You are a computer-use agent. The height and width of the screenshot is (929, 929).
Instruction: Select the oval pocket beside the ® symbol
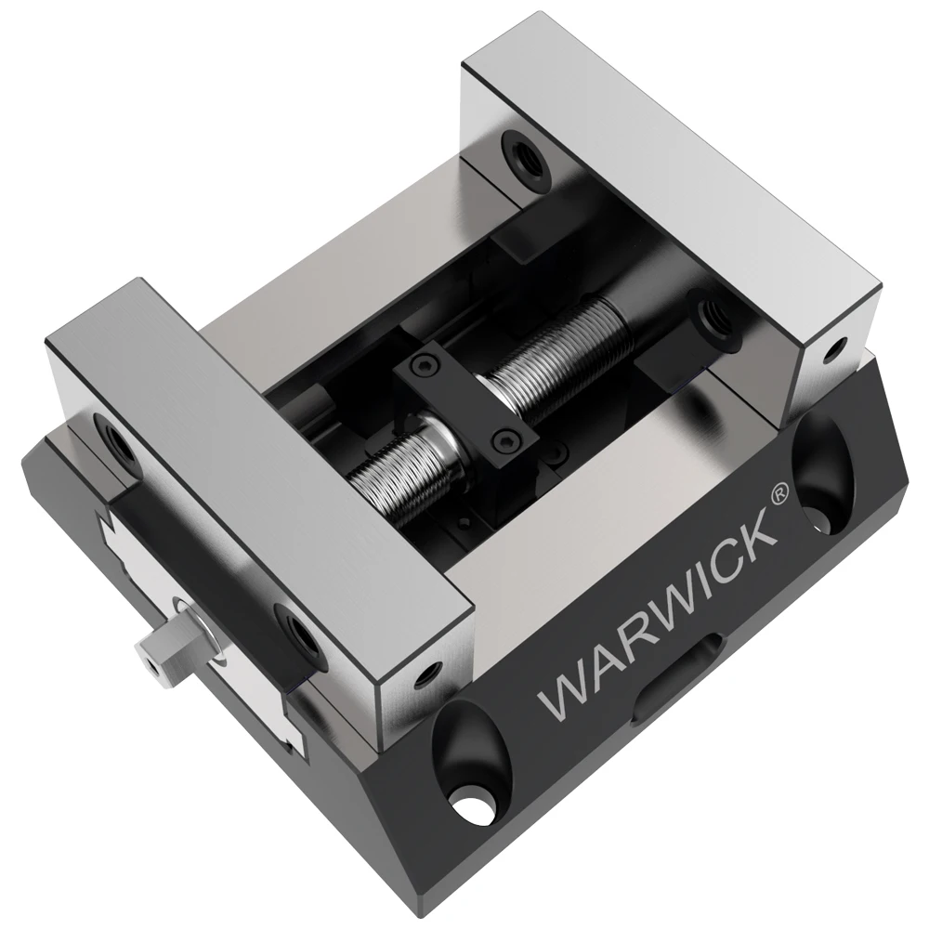[x=822, y=473]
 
